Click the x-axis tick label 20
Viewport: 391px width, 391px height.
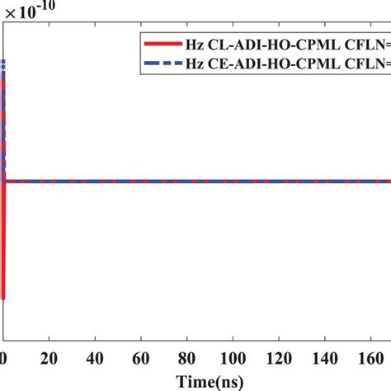pyautogui.click(x=51, y=360)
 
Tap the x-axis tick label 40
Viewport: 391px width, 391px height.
pyautogui.click(x=97, y=360)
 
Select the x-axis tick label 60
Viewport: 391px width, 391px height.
pyautogui.click(x=144, y=360)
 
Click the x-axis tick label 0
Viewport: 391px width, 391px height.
pyautogui.click(x=4, y=360)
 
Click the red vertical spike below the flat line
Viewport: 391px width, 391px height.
pyautogui.click(x=5, y=247)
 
